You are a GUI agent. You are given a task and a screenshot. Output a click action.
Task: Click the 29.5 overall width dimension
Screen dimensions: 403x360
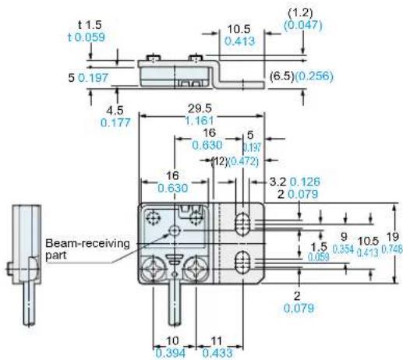[x=200, y=109]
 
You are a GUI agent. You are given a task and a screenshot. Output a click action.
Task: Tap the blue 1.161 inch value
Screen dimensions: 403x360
[x=200, y=121]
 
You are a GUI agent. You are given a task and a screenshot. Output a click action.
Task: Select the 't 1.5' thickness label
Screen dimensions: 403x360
[x=90, y=25]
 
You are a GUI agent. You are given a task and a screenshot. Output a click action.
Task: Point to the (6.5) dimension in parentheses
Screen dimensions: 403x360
[x=282, y=76]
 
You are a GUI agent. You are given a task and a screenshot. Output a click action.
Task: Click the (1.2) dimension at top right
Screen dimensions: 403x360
[x=300, y=12]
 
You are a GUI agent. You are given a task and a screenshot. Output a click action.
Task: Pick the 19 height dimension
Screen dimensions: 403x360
[x=392, y=237]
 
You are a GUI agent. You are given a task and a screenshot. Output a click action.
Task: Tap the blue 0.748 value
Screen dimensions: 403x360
[x=391, y=249]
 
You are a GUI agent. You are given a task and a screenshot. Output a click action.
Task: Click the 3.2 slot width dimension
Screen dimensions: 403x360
[x=278, y=182]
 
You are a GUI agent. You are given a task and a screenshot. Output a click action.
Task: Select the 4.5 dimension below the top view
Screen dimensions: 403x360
[x=115, y=111]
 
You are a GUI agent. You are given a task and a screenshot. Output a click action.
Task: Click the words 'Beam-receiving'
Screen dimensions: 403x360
[x=87, y=244]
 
